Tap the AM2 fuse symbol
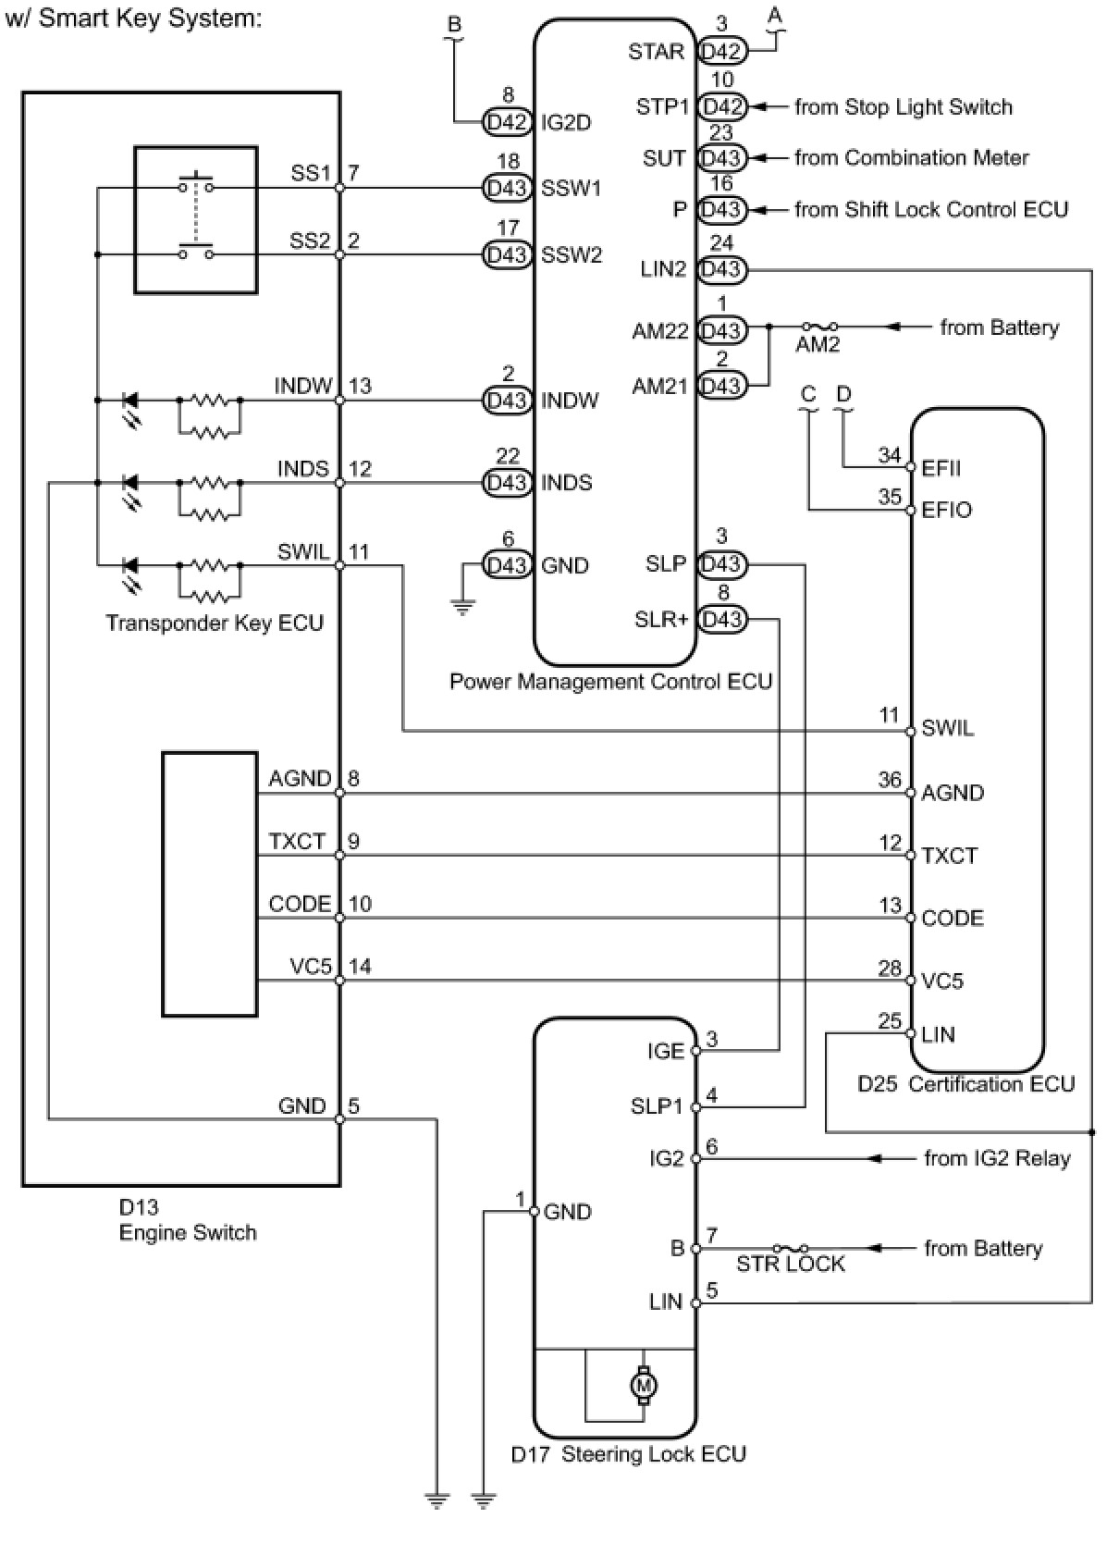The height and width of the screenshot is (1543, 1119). [x=819, y=327]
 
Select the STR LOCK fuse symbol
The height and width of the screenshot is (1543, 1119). [x=790, y=1249]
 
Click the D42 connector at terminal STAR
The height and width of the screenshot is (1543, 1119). [x=721, y=52]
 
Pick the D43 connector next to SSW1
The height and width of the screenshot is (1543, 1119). [x=507, y=188]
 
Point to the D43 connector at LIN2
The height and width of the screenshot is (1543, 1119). [x=721, y=269]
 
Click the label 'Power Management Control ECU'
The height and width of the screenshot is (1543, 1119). [x=610, y=682]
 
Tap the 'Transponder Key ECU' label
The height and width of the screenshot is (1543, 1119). [x=215, y=623]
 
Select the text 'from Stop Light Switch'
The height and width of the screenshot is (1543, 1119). [x=903, y=107]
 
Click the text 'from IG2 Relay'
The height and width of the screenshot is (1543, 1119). [x=997, y=1158]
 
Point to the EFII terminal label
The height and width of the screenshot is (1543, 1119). [x=941, y=468]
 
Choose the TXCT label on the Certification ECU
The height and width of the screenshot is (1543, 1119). [x=949, y=856]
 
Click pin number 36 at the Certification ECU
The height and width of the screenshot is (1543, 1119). [x=890, y=780]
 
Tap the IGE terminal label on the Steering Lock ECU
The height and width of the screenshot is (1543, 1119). [x=666, y=1051]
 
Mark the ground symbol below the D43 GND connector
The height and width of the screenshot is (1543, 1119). [x=462, y=607]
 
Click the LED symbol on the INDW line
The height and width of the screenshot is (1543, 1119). [x=130, y=401]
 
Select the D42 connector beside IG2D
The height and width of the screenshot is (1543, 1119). [x=507, y=122]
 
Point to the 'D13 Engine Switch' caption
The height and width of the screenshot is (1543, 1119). [x=188, y=1220]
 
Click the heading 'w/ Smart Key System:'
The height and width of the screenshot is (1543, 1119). [x=133, y=19]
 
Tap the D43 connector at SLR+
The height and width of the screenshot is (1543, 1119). [x=721, y=619]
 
